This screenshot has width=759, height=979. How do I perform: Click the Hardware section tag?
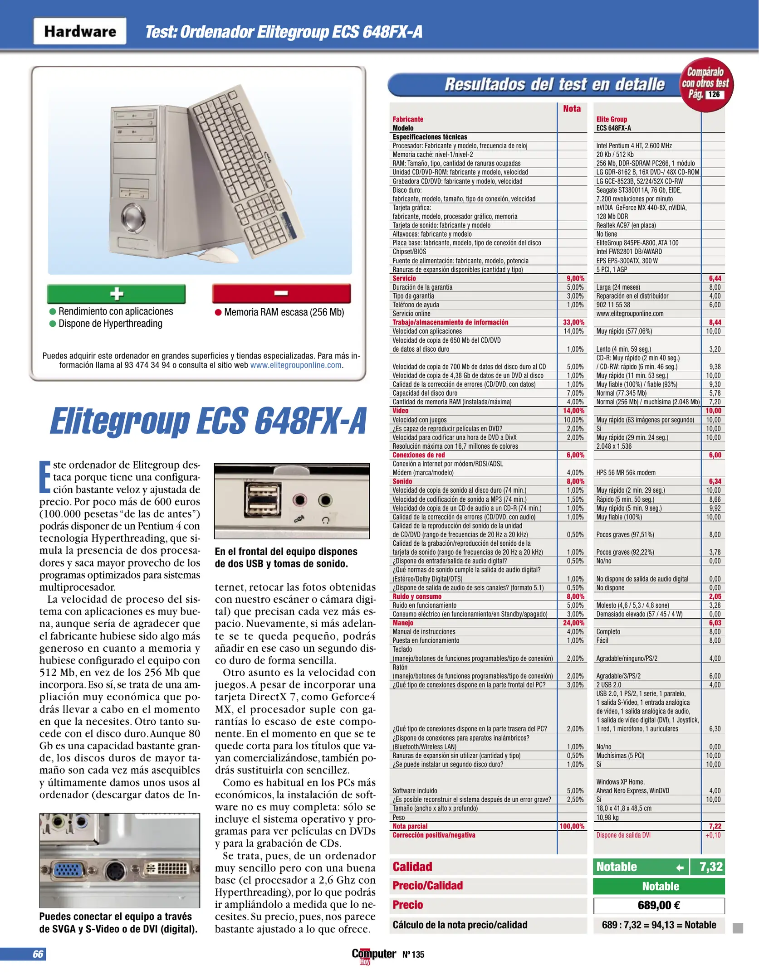[80, 31]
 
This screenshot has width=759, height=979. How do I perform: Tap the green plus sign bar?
[116, 294]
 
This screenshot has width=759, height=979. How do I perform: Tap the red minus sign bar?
[281, 293]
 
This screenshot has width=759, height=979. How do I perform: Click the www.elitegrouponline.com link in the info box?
[296, 365]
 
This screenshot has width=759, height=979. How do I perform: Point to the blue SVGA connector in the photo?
[67, 869]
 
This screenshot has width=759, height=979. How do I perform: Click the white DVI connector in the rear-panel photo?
[166, 868]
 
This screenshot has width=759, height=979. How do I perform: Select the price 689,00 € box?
[659, 906]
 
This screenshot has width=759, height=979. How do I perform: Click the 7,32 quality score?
[710, 867]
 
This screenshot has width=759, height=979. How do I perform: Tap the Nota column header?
[572, 109]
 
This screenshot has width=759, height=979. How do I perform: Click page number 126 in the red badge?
[714, 94]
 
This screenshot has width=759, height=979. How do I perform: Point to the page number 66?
[38, 954]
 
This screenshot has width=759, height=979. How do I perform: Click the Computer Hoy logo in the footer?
[373, 955]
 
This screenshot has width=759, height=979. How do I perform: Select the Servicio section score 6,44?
[715, 279]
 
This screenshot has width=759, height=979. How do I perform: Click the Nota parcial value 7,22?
[715, 826]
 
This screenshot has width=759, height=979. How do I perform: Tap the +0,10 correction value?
[713, 835]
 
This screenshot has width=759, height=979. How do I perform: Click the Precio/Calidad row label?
[427, 886]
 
